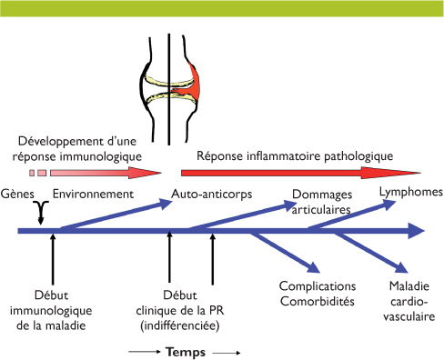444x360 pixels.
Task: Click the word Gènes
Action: click(18, 194)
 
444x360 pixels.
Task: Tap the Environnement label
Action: click(94, 194)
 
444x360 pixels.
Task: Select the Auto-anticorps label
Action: click(212, 194)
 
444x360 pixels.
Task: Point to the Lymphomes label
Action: click(410, 193)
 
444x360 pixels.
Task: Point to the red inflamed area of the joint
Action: click(193, 83)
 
